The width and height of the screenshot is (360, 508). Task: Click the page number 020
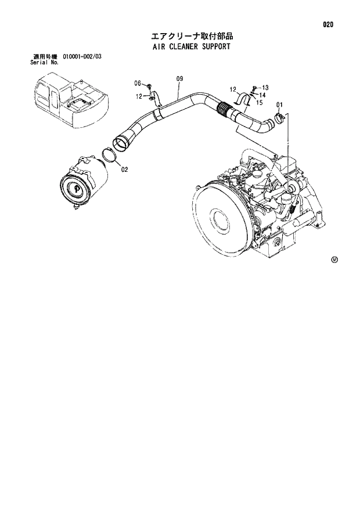[x=329, y=25]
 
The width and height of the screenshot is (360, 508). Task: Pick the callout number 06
[x=138, y=82]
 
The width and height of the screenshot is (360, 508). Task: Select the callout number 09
[x=179, y=78]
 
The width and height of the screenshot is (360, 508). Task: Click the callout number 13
[x=265, y=87]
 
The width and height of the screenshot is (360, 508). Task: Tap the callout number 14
[x=263, y=95]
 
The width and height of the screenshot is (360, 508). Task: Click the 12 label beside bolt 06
[x=139, y=96]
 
